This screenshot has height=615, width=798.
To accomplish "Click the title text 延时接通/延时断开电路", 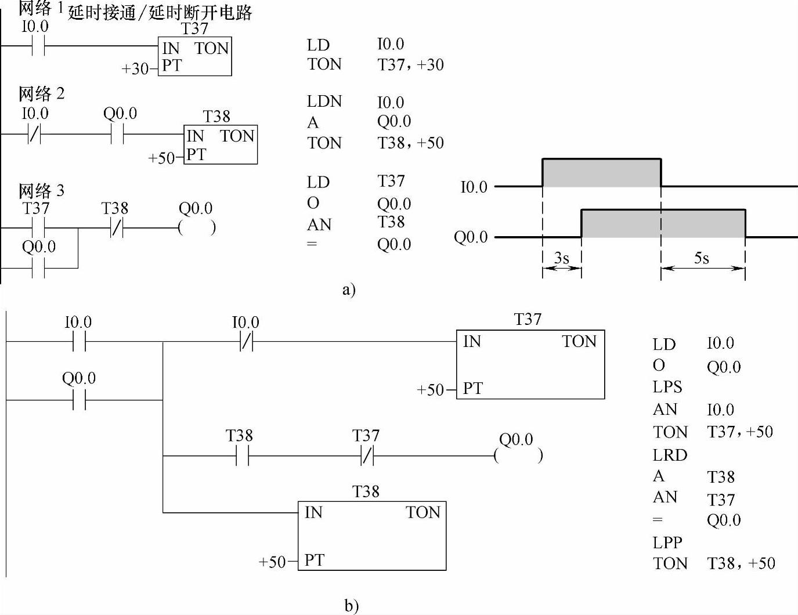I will [x=160, y=13].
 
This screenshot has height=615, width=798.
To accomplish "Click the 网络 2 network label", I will [x=41, y=93].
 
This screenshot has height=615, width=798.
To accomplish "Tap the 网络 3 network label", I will [x=41, y=190].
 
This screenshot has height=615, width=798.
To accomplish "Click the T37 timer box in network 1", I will [x=194, y=56].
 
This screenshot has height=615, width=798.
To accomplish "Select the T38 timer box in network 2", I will [x=221, y=144].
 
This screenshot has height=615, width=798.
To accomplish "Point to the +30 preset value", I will [x=135, y=69].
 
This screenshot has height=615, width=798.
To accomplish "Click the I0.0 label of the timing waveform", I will [x=474, y=187].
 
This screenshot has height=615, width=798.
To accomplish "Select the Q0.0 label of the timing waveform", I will [x=470, y=237].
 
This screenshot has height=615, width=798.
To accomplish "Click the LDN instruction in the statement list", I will [x=324, y=102].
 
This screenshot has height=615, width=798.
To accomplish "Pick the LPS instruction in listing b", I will [x=667, y=387].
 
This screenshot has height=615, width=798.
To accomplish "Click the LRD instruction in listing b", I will [x=669, y=455].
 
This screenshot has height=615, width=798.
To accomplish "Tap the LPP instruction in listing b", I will [x=667, y=542].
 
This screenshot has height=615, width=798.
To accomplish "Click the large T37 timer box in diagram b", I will [x=530, y=364].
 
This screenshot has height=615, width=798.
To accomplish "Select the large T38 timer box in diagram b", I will [x=372, y=535].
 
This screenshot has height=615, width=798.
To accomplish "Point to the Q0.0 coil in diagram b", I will [x=518, y=455].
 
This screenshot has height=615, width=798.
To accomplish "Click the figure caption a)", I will [x=348, y=290].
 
